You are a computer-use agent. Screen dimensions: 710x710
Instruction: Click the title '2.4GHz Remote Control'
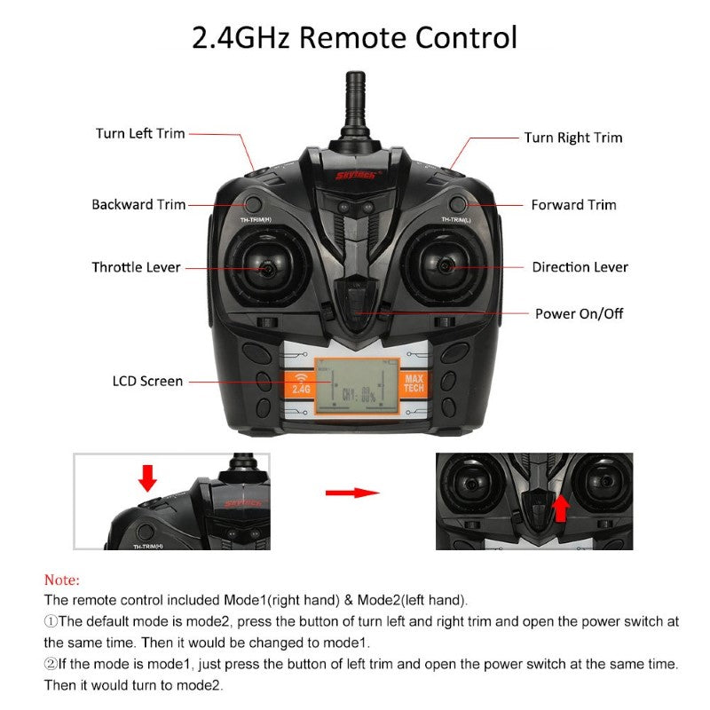[355, 38]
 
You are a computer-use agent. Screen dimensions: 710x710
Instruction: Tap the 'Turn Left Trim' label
[140, 133]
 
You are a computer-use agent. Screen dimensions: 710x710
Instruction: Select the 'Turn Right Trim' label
[572, 138]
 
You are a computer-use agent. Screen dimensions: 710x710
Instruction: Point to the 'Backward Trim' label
[138, 204]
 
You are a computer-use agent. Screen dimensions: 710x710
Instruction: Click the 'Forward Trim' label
[573, 204]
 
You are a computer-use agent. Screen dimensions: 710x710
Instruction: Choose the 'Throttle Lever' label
[136, 266]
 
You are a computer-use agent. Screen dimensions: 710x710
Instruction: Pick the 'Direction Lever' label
[580, 266]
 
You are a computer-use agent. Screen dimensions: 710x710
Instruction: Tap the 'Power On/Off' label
[579, 313]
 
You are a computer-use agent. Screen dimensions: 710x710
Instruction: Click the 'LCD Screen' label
[147, 381]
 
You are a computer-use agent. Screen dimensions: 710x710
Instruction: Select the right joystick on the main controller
[443, 264]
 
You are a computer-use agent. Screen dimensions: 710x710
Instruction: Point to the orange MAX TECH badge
[414, 384]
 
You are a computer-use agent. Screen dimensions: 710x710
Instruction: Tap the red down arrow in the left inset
[147, 477]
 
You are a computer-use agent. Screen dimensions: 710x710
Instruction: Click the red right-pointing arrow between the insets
[351, 492]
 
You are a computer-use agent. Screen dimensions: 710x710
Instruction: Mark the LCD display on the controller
[354, 385]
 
